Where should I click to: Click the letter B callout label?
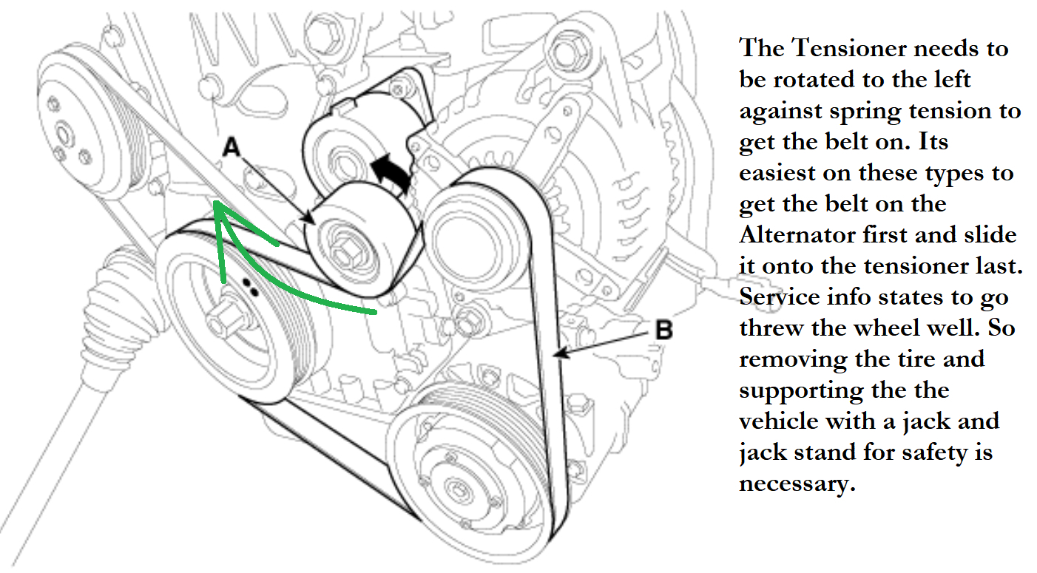[x=663, y=330]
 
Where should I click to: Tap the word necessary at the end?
[x=791, y=484]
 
